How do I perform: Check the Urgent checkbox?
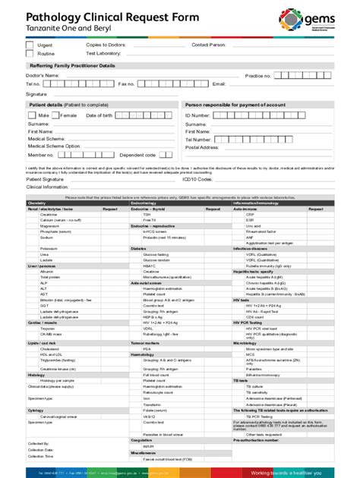[x=30, y=46]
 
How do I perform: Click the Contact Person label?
[x=209, y=46]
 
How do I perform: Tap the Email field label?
[x=219, y=84]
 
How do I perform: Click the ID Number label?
[x=197, y=115]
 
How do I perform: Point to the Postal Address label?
[x=202, y=147]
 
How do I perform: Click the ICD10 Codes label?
[x=197, y=179]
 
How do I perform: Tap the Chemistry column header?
[x=37, y=203]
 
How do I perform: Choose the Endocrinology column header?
[x=145, y=203]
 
